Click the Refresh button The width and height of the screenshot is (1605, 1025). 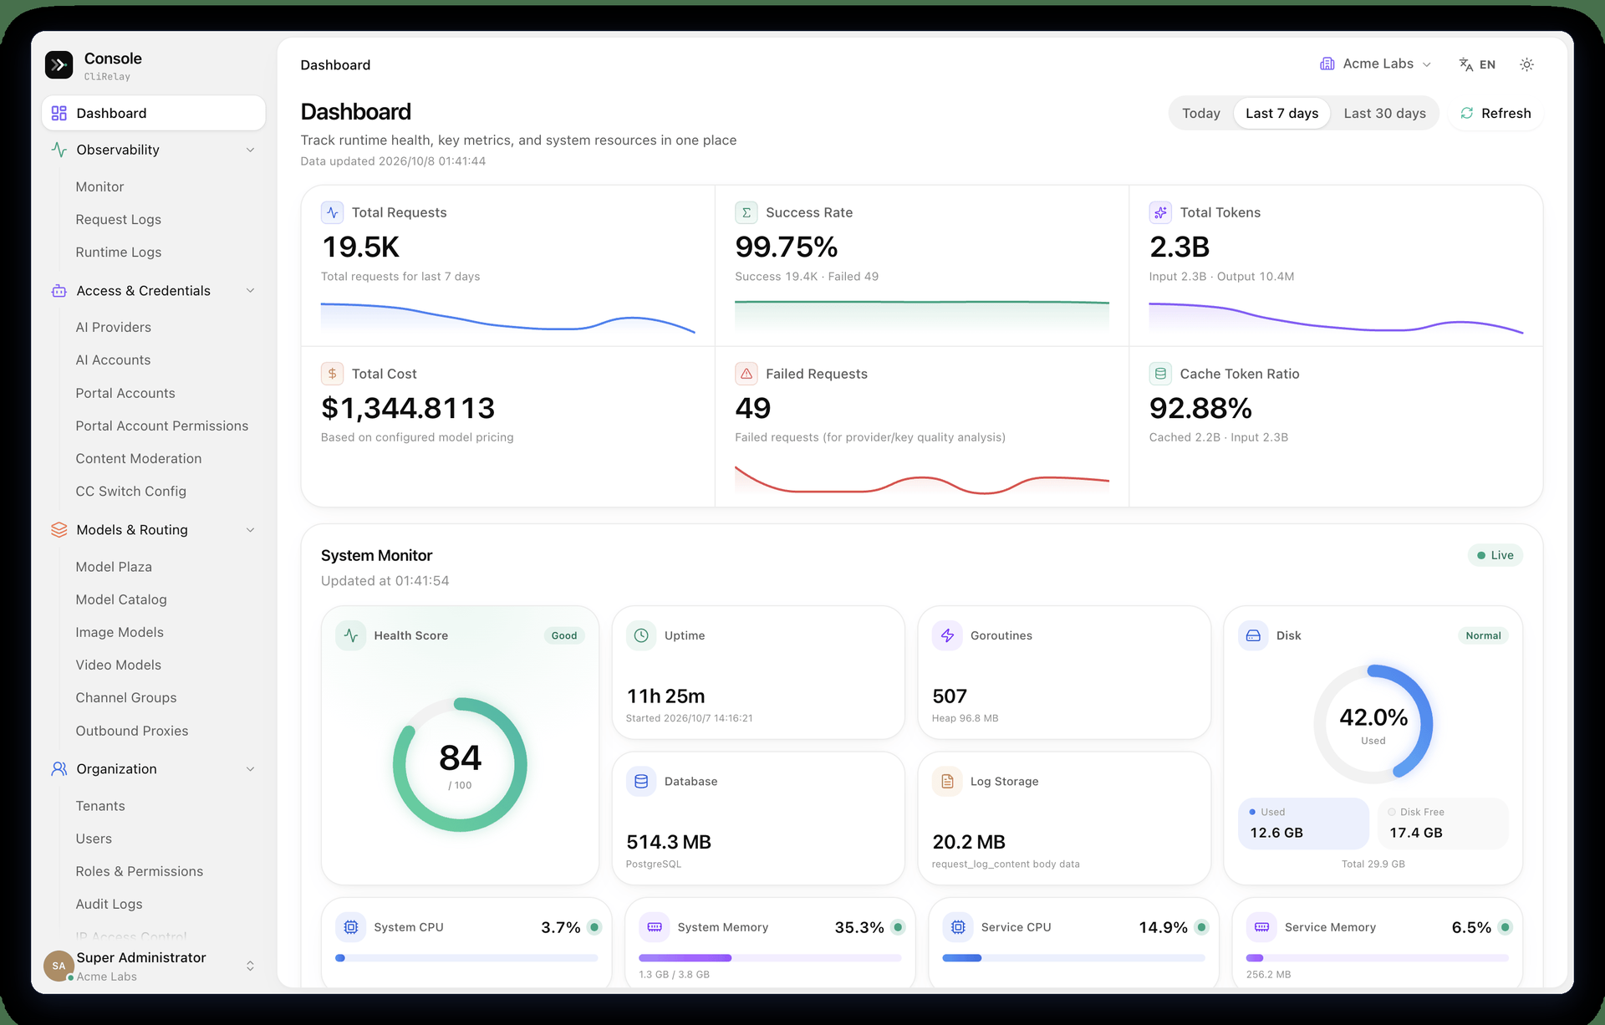1495,113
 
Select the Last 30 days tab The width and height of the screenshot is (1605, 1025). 1384,113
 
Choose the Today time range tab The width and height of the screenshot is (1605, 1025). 1200,113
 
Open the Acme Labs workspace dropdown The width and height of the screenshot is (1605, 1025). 1375,64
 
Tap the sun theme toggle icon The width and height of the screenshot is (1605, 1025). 1526,64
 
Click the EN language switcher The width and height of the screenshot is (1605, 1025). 1477,64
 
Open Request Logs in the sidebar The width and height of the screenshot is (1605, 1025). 118,219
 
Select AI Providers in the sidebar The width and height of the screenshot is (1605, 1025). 113,327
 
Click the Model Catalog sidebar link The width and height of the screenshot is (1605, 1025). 120,599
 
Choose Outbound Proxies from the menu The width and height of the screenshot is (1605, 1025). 131,731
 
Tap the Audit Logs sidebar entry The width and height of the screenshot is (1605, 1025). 109,904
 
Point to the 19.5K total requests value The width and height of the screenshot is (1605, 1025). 360,247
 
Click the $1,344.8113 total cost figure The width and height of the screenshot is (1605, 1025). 408,408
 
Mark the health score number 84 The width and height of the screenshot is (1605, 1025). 460,757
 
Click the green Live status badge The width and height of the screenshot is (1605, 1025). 1495,555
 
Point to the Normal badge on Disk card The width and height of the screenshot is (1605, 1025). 1483,635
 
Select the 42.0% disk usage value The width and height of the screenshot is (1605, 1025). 1373,717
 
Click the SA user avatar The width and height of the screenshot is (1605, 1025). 59,966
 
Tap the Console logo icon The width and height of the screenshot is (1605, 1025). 59,64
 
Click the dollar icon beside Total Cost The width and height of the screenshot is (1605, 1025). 332,374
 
